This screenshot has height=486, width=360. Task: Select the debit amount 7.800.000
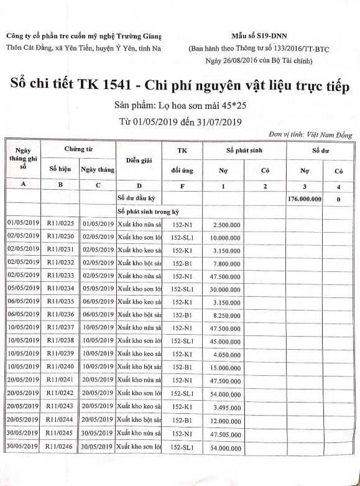coord(226,263)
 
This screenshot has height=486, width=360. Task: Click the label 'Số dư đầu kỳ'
coord(136,198)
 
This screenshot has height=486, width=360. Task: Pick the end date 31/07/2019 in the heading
coord(216,121)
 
